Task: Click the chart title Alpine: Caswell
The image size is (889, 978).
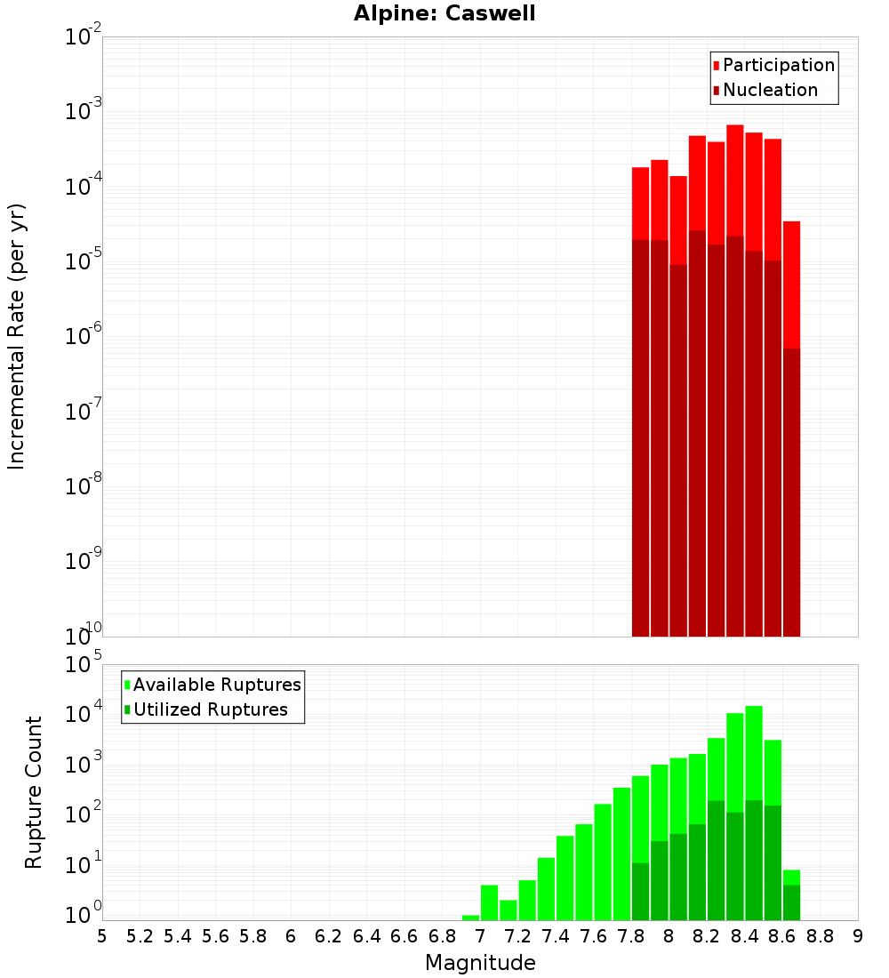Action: pos(444,14)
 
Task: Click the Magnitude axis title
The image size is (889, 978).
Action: pos(480,963)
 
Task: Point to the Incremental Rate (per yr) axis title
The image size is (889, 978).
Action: pos(17,336)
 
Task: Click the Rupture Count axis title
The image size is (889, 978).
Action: pos(34,791)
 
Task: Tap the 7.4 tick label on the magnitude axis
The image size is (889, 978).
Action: pos(556,935)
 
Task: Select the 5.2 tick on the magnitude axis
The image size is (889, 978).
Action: pos(140,935)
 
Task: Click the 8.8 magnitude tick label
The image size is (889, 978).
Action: pos(820,935)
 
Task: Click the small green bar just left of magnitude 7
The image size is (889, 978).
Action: pos(470,918)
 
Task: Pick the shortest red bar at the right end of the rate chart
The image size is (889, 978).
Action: pos(791,285)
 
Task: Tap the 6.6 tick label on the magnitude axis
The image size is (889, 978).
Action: pos(404,935)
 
